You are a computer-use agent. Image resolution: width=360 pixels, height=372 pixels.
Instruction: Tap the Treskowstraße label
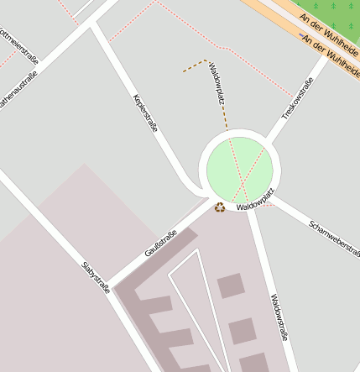click(x=297, y=99)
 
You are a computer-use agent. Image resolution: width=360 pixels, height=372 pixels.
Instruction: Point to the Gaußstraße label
click(x=160, y=244)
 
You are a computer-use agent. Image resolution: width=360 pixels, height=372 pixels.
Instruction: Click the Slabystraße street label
click(x=96, y=277)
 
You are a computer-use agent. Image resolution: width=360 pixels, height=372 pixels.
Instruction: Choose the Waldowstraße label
click(x=280, y=317)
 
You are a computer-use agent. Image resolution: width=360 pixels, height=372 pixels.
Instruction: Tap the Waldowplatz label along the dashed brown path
click(x=217, y=86)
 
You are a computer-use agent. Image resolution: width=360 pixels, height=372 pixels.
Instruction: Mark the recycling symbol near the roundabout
click(x=220, y=207)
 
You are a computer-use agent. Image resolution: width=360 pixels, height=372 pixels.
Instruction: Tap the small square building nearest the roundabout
click(x=231, y=286)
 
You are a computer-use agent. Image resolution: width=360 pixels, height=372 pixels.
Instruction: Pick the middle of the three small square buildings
click(x=242, y=330)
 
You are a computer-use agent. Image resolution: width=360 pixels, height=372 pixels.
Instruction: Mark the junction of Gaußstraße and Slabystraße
click(x=113, y=283)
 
